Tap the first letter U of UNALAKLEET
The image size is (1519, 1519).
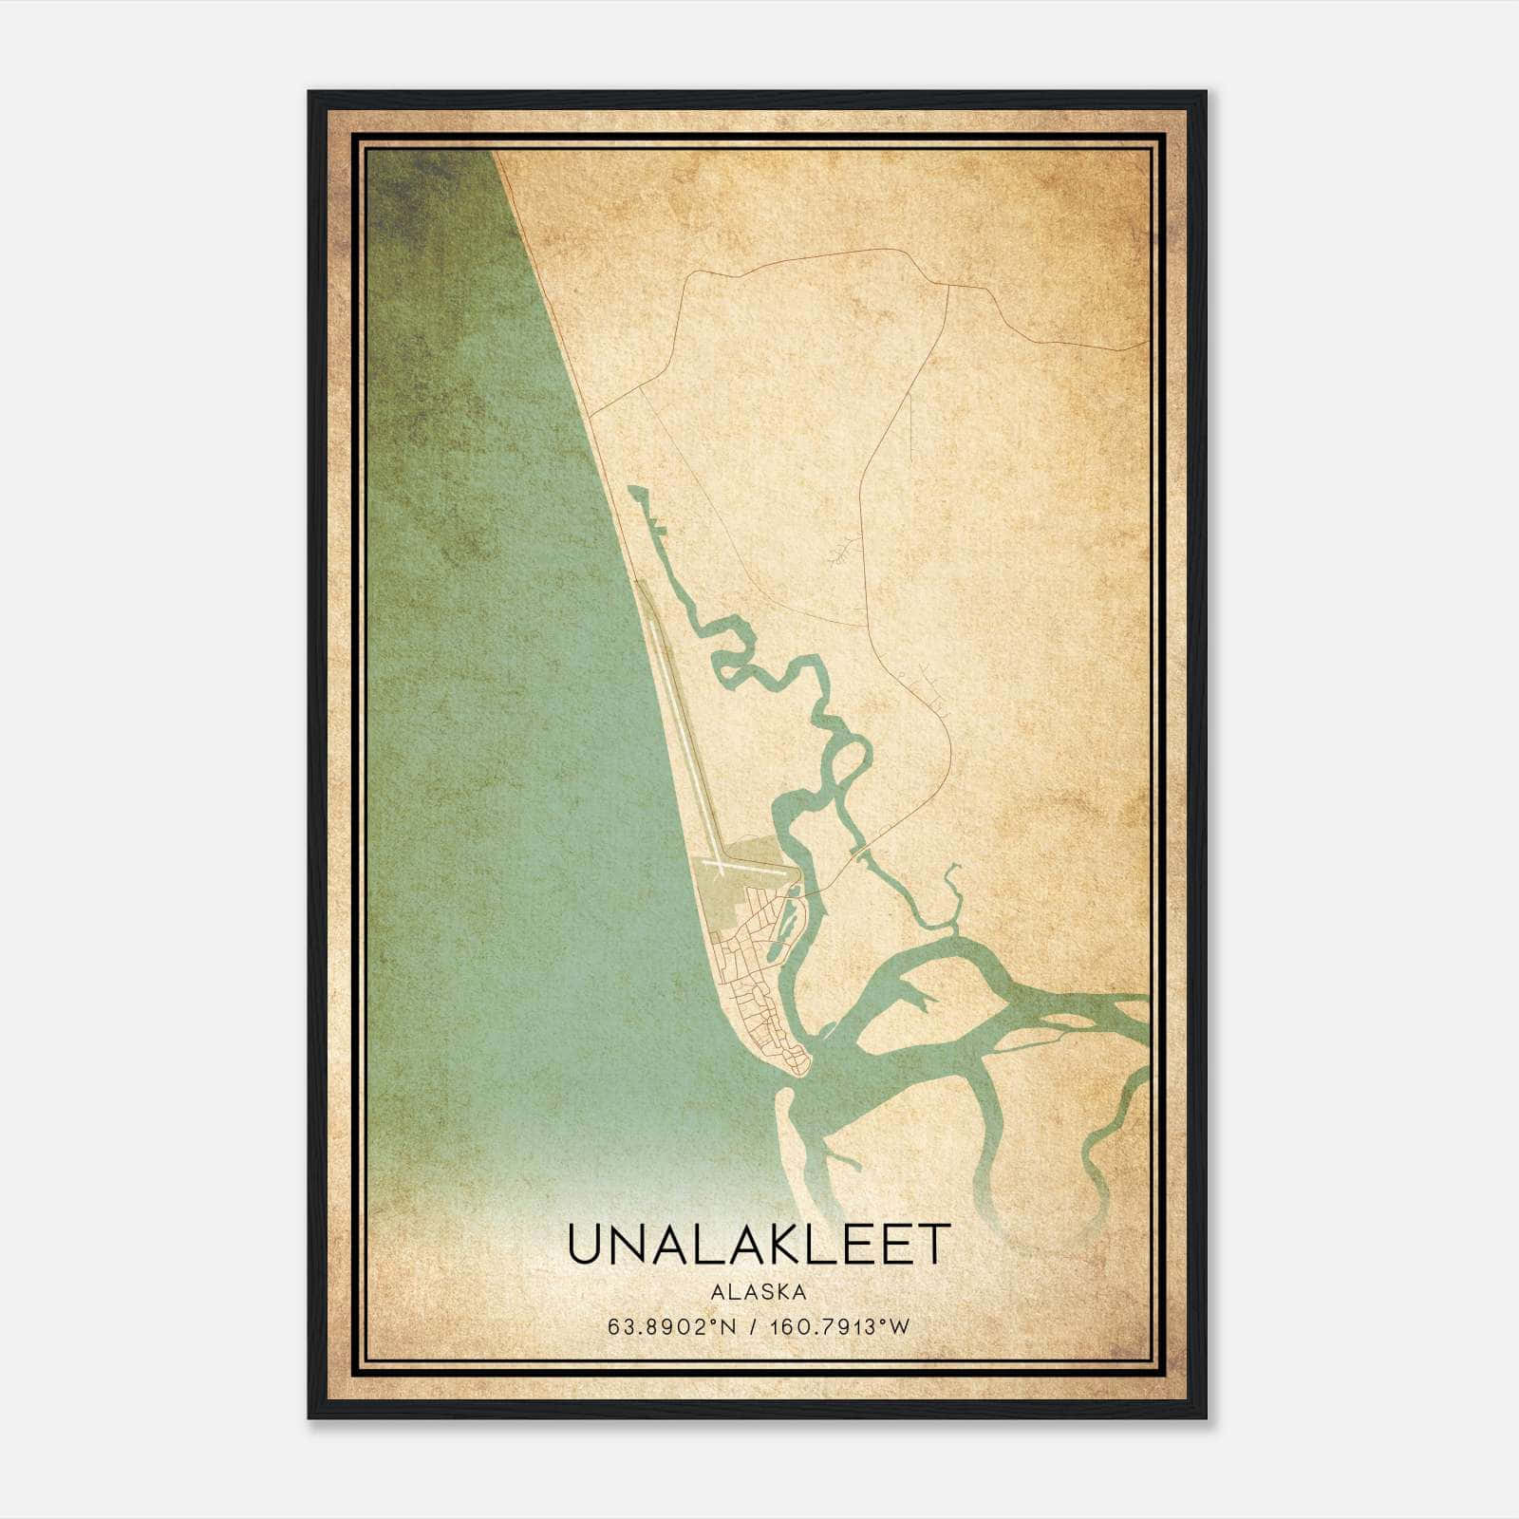(587, 1244)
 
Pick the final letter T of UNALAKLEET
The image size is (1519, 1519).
(934, 1244)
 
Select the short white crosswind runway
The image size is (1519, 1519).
(750, 867)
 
